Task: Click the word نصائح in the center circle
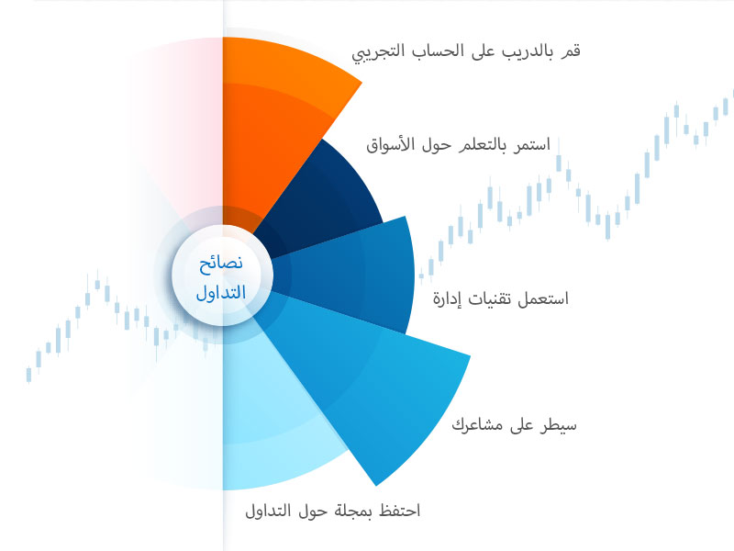coord(221,264)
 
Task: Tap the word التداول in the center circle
coord(221,293)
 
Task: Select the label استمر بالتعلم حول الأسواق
coord(458,145)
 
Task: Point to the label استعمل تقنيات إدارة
coord(500,298)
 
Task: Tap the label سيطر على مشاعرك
coord(514,425)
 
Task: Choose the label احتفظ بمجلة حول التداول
coord(333,511)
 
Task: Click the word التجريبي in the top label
coord(378,52)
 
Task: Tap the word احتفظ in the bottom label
coord(400,511)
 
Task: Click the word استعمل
coord(543,298)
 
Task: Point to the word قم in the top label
coord(571,51)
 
